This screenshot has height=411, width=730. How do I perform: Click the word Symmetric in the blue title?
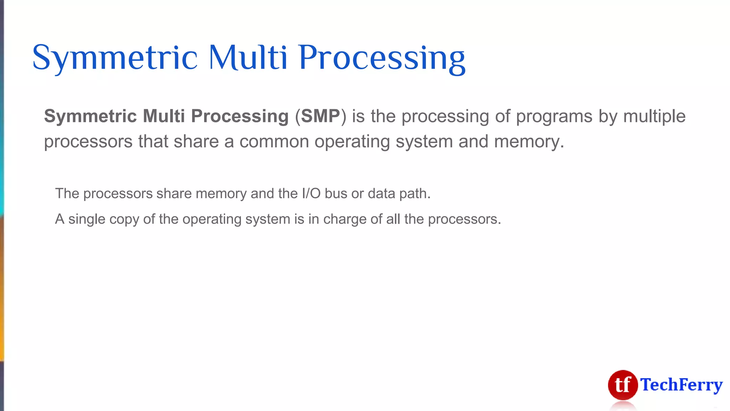[x=115, y=58]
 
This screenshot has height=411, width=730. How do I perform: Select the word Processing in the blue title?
[x=382, y=58]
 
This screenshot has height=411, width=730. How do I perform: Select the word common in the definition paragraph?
[x=274, y=142]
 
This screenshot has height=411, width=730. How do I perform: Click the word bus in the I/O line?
[x=336, y=194]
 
